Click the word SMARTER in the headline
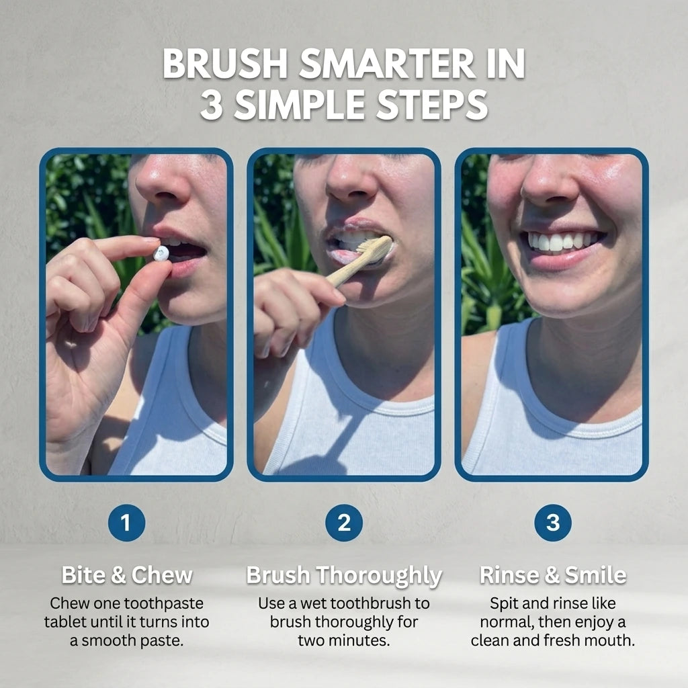386,64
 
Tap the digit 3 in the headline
212,105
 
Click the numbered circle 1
126,523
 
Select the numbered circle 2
344,523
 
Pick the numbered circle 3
553,523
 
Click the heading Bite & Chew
127,575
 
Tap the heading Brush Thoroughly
344,576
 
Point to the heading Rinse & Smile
553,575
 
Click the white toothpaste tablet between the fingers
161,253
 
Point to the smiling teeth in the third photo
561,241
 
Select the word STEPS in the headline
433,105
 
